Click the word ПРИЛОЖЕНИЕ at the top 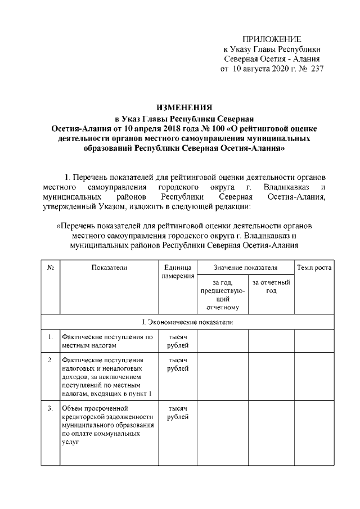coord(272,38)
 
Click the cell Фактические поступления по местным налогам coord(107,341)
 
